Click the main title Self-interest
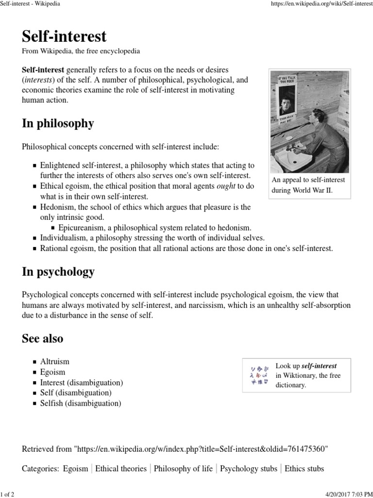64,36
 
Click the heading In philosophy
58,124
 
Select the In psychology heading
58,272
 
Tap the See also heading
42,338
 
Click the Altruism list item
54,361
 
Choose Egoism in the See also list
52,372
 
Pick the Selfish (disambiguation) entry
80,403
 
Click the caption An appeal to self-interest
308,180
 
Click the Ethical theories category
120,469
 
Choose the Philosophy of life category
183,469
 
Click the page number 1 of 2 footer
7,494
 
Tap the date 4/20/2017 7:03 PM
346,494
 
